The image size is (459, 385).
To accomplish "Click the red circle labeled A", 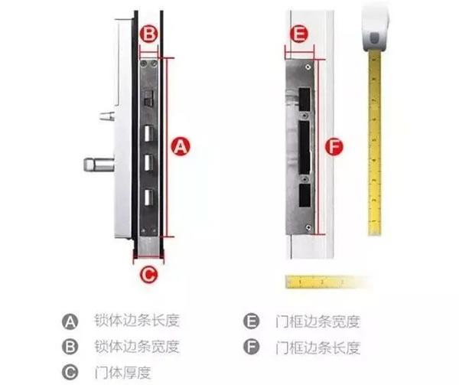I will (x=180, y=145).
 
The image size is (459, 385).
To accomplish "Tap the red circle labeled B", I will (x=150, y=34).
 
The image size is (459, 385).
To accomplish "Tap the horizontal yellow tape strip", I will (x=321, y=282).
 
